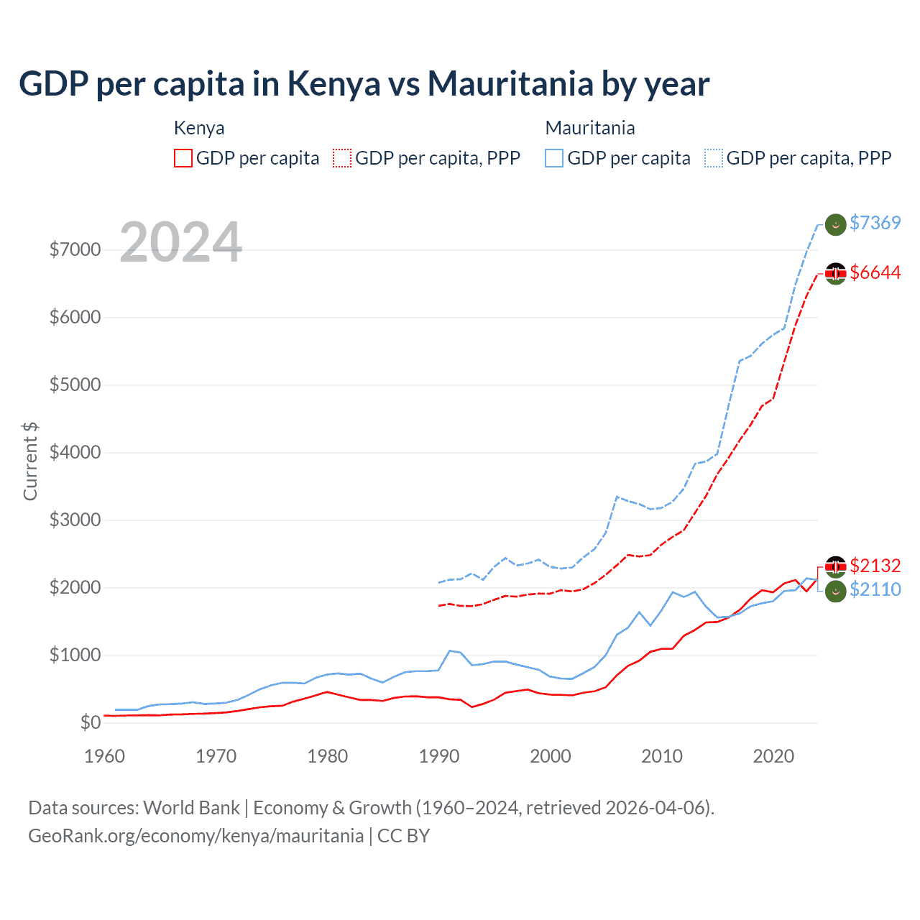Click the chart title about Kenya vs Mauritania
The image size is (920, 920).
coord(364,84)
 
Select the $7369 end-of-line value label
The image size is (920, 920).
coord(875,223)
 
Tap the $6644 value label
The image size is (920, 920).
coord(875,272)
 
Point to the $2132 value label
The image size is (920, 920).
coord(875,566)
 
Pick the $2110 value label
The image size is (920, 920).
coord(875,589)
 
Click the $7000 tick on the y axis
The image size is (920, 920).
coord(75,249)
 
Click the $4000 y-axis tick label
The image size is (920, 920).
coord(75,452)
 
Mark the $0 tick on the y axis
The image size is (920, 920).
coord(90,722)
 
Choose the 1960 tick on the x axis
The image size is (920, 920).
coord(104,756)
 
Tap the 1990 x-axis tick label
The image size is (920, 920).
coord(438,756)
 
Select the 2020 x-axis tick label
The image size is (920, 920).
coord(773,756)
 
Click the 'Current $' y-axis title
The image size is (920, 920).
coord(30,461)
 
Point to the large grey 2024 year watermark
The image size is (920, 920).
coord(180,242)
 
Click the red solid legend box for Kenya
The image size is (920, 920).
coord(183,158)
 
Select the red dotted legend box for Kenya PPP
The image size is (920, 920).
coord(342,158)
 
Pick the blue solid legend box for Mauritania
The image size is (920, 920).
coord(554,158)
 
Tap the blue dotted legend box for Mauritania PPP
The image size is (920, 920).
coord(714,158)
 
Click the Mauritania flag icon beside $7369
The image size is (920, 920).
coord(835,224)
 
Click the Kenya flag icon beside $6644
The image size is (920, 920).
coord(835,273)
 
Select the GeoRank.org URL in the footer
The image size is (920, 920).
coord(195,836)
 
